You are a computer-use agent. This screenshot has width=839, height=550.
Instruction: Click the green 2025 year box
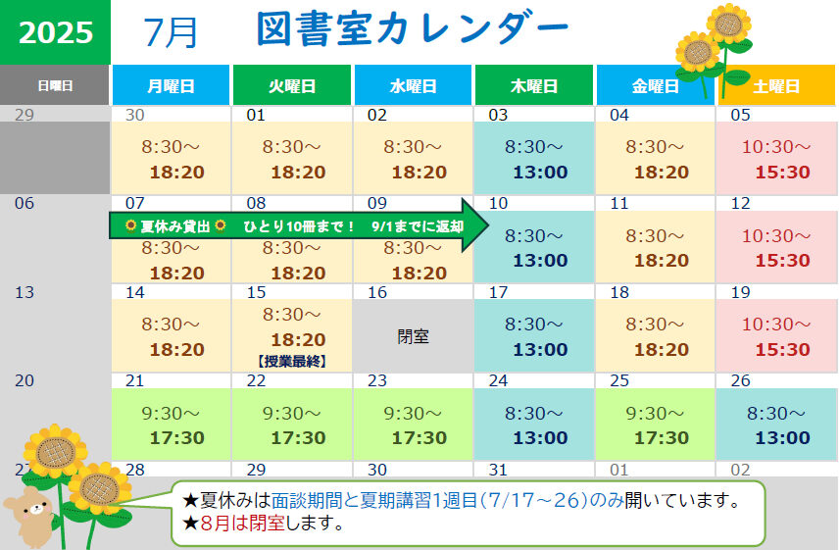(55, 32)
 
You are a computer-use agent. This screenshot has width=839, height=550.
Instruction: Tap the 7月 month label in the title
(171, 32)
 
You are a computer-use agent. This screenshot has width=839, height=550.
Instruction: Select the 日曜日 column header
(55, 85)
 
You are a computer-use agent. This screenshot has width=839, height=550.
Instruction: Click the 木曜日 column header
(534, 85)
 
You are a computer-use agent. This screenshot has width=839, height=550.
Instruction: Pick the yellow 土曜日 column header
(776, 85)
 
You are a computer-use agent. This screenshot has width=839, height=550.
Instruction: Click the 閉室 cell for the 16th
(413, 336)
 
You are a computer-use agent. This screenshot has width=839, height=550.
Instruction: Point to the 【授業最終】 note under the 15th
(292, 361)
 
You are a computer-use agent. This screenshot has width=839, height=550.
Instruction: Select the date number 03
(498, 115)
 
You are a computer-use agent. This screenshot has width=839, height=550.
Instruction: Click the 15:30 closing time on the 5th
(783, 172)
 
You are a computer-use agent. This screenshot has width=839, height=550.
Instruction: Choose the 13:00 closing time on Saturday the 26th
(783, 437)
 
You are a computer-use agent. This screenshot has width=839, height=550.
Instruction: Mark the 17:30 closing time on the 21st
(177, 437)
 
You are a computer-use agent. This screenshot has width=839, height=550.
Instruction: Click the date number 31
(498, 470)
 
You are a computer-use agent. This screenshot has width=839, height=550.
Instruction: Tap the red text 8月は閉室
(242, 523)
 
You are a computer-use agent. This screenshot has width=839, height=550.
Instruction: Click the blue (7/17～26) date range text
(534, 500)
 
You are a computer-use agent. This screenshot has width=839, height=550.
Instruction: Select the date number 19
(741, 292)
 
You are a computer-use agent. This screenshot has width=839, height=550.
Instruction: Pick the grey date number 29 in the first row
(25, 115)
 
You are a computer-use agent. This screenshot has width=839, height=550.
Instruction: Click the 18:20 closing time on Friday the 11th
(662, 261)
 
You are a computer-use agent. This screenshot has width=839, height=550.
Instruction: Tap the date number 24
(498, 380)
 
